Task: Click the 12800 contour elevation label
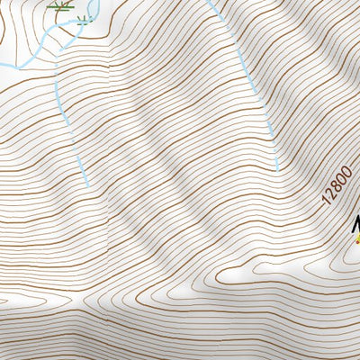(335, 183)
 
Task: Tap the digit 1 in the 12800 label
(326, 199)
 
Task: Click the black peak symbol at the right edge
(356, 226)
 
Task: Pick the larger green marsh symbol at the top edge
(61, 5)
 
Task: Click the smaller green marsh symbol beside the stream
(85, 18)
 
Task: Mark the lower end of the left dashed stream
(88, 185)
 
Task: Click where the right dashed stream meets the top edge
(209, 1)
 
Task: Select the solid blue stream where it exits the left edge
(2, 68)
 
